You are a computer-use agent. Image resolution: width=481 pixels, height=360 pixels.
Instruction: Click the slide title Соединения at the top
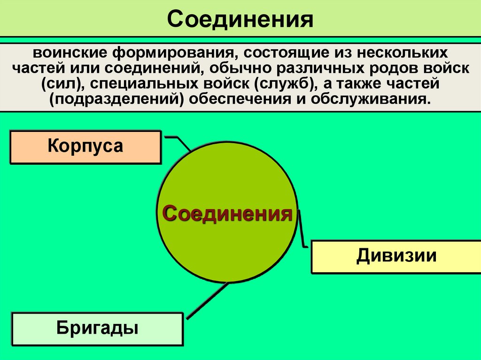[x=240, y=20]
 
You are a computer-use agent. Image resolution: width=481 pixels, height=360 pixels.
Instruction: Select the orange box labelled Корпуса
[x=85, y=147]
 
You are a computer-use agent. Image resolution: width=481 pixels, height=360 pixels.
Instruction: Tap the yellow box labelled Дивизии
[x=396, y=257]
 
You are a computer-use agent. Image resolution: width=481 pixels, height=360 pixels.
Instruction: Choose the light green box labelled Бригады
[x=97, y=328]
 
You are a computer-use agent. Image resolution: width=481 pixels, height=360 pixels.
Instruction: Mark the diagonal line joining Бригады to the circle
[x=207, y=300]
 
